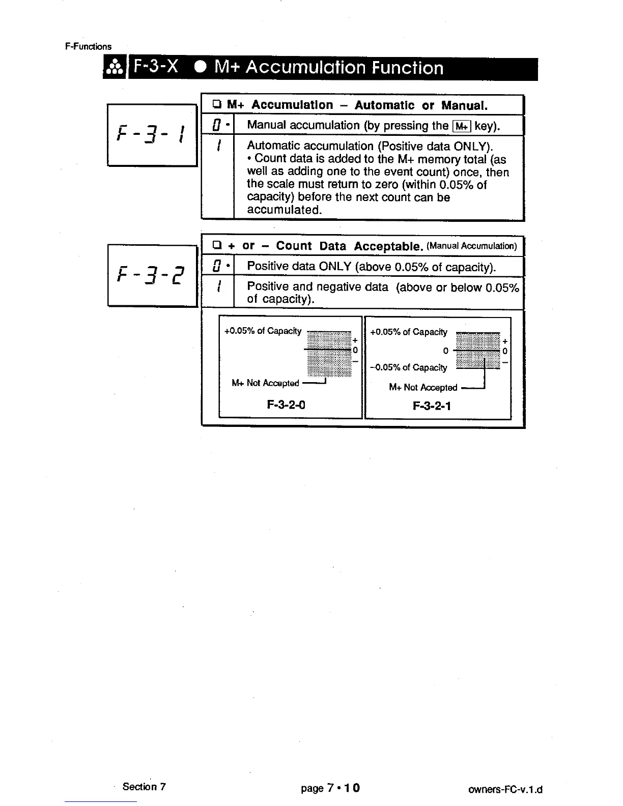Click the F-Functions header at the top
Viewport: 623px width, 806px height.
[88, 46]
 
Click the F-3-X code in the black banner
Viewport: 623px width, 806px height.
[156, 68]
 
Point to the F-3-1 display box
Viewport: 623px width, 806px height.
[152, 134]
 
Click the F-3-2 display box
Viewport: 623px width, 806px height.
[152, 275]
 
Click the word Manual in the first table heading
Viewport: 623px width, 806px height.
[464, 105]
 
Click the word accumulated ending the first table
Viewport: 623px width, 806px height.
[284, 210]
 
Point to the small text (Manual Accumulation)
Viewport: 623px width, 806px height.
[471, 246]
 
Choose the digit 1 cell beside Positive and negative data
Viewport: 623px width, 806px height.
[218, 287]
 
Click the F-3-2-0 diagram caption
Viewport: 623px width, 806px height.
[286, 405]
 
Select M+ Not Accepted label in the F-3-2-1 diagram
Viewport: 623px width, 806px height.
[423, 388]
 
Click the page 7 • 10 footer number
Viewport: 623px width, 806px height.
[330, 788]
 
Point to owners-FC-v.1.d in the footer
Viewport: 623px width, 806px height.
[505, 790]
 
